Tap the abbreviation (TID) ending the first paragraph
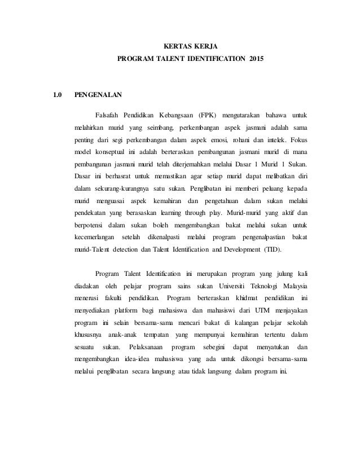pos(273,250)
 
